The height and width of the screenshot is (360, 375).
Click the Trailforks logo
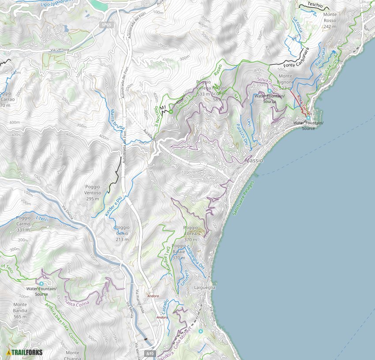click(25, 352)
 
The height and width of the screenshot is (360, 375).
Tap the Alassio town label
click(254, 161)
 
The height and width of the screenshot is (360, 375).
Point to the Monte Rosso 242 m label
click(330, 20)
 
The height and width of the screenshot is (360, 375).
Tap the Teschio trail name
click(316, 5)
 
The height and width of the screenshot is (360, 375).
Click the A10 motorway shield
click(150, 353)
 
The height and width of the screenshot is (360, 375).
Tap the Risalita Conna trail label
click(77, 301)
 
